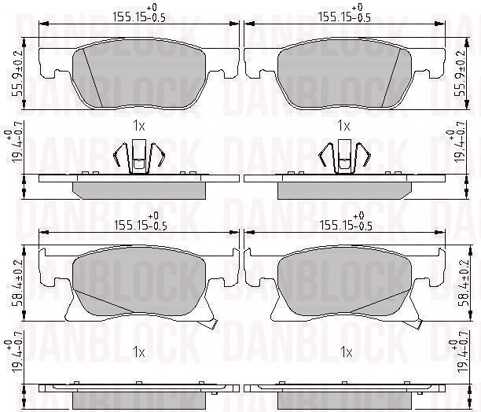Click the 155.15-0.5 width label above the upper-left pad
pyautogui.click(x=139, y=14)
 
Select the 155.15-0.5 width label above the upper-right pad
pyautogui.click(x=344, y=14)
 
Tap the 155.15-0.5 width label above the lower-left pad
pyautogui.click(x=141, y=222)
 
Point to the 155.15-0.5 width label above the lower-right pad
pyautogui.click(x=346, y=222)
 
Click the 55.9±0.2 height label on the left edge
pyautogui.click(x=17, y=74)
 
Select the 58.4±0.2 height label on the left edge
pyautogui.click(x=17, y=284)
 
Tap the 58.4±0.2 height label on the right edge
pyautogui.click(x=464, y=284)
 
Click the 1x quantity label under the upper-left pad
pyautogui.click(x=138, y=126)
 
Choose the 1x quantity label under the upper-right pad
pyautogui.click(x=343, y=126)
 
